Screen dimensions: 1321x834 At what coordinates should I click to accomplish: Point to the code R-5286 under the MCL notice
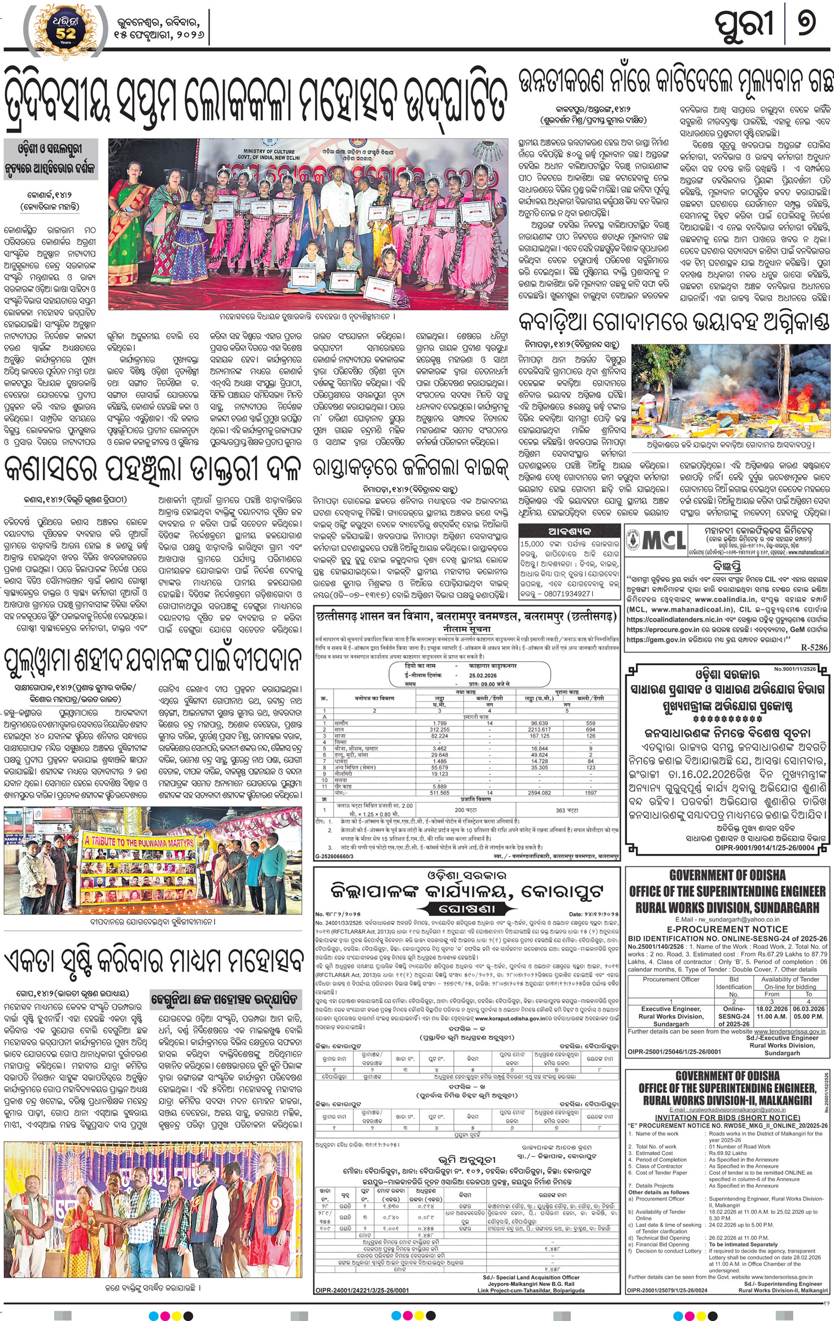tap(814, 647)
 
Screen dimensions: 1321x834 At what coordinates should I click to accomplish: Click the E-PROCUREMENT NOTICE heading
tap(727, 929)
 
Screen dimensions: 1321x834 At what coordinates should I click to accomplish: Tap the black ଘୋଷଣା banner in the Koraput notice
tap(466, 909)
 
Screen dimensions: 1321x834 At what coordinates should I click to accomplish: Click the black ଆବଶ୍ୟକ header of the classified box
tap(569, 531)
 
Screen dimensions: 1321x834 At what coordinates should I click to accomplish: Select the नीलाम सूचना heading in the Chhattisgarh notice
tap(466, 629)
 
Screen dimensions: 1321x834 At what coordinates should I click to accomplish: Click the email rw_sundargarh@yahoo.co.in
tap(732, 919)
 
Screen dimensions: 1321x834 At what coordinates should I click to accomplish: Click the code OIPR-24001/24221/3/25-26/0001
tap(362, 1291)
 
